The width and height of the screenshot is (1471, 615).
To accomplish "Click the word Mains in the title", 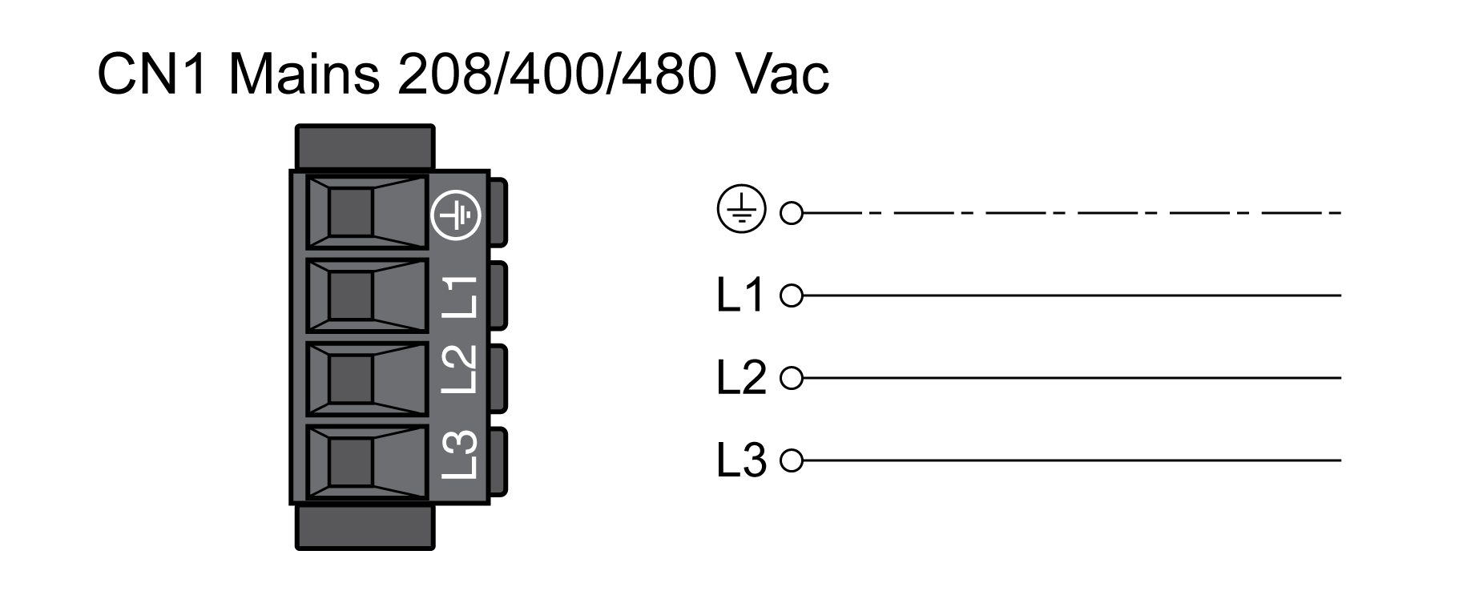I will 304,74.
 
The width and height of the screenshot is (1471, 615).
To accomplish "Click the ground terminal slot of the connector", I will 351,212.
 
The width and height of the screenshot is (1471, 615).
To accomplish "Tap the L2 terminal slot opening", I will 351,378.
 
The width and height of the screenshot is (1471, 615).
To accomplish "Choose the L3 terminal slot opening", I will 351,461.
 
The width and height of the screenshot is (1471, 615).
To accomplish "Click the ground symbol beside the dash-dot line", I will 741,211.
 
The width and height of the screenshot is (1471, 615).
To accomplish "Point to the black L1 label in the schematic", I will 741,295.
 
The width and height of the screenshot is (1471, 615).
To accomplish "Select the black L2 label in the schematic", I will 741,378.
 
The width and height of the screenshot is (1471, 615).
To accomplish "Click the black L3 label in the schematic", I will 741,460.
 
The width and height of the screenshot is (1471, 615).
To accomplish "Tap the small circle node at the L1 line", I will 792,296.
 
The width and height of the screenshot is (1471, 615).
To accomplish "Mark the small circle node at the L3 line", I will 792,460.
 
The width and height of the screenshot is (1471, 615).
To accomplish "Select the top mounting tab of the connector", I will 365,147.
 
